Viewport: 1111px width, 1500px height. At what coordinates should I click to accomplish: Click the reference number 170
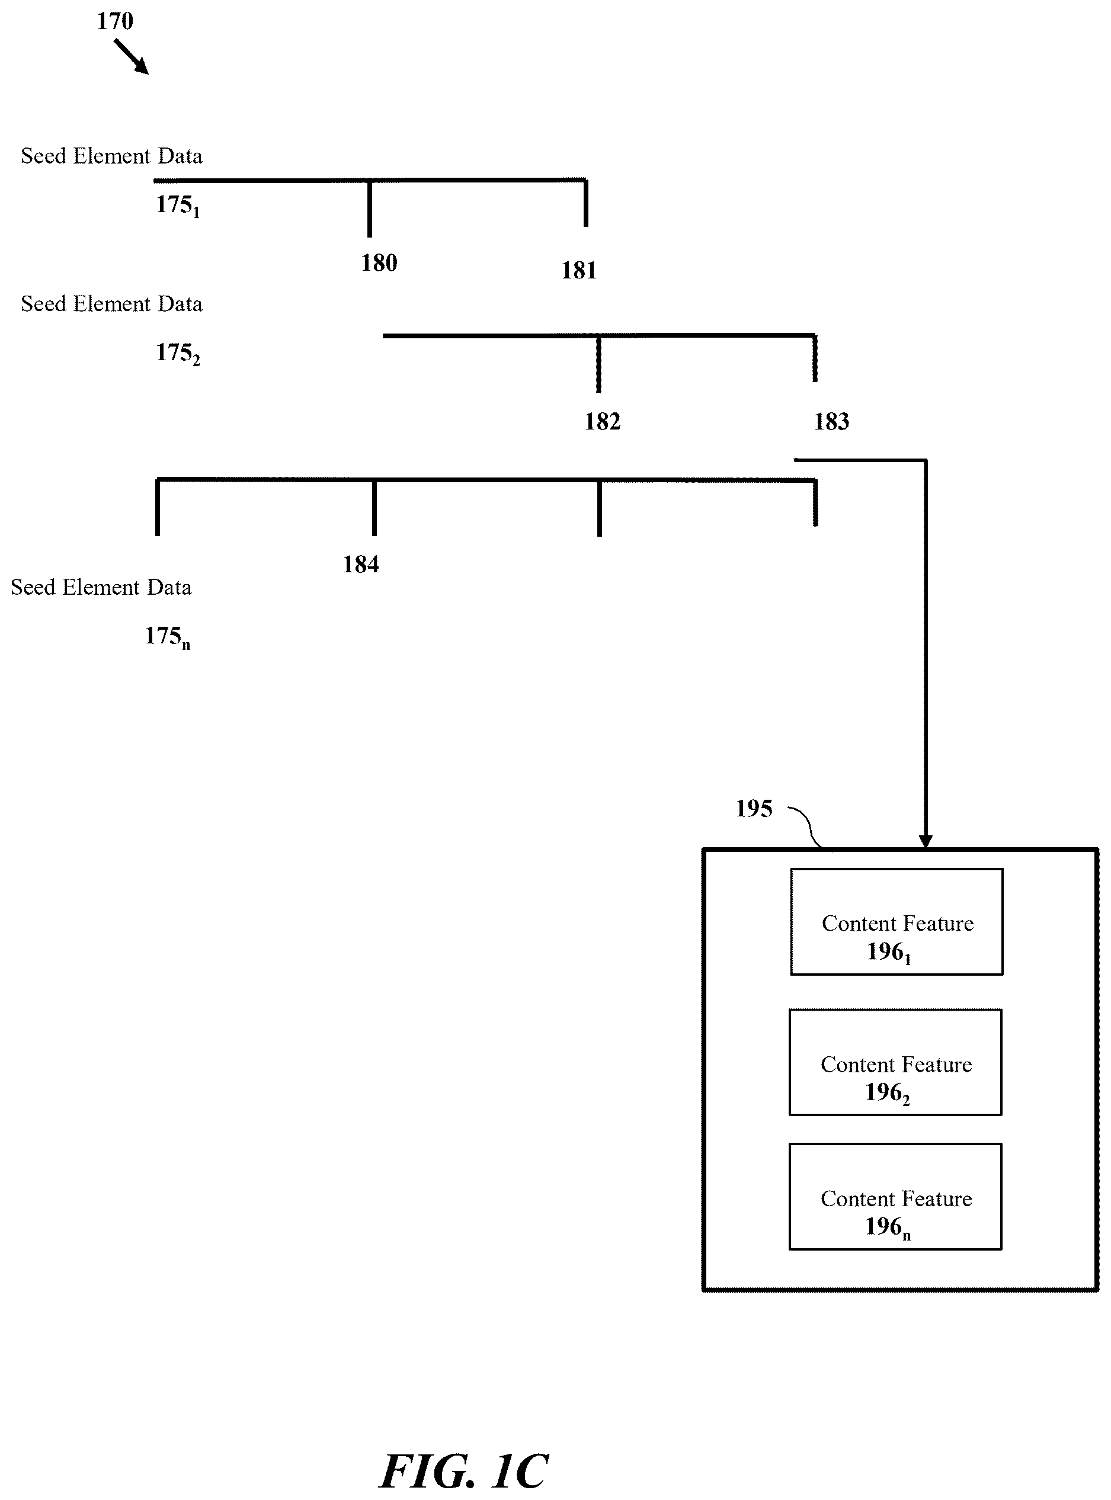tap(115, 21)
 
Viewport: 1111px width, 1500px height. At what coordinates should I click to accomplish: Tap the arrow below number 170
tap(131, 56)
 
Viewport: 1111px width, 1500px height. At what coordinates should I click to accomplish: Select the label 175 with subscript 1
tap(178, 205)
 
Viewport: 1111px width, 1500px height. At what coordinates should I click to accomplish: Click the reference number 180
tap(379, 263)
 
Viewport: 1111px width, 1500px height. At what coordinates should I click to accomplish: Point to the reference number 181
tap(579, 270)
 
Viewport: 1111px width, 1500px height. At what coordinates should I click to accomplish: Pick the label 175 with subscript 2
tap(178, 353)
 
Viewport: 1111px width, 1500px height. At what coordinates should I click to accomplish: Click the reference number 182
tap(603, 422)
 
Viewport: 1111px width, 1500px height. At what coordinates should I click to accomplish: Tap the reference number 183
tap(832, 422)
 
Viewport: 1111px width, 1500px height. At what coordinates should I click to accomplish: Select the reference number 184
tap(361, 564)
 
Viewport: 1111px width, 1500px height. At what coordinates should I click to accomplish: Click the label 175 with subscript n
tap(168, 637)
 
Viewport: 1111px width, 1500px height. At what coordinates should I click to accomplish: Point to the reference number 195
tap(754, 808)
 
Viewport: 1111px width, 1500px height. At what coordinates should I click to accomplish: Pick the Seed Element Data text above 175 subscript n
tap(101, 588)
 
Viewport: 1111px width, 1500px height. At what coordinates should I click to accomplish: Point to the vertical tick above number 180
tap(369, 209)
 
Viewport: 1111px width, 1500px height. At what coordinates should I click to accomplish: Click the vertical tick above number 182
tap(598, 364)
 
